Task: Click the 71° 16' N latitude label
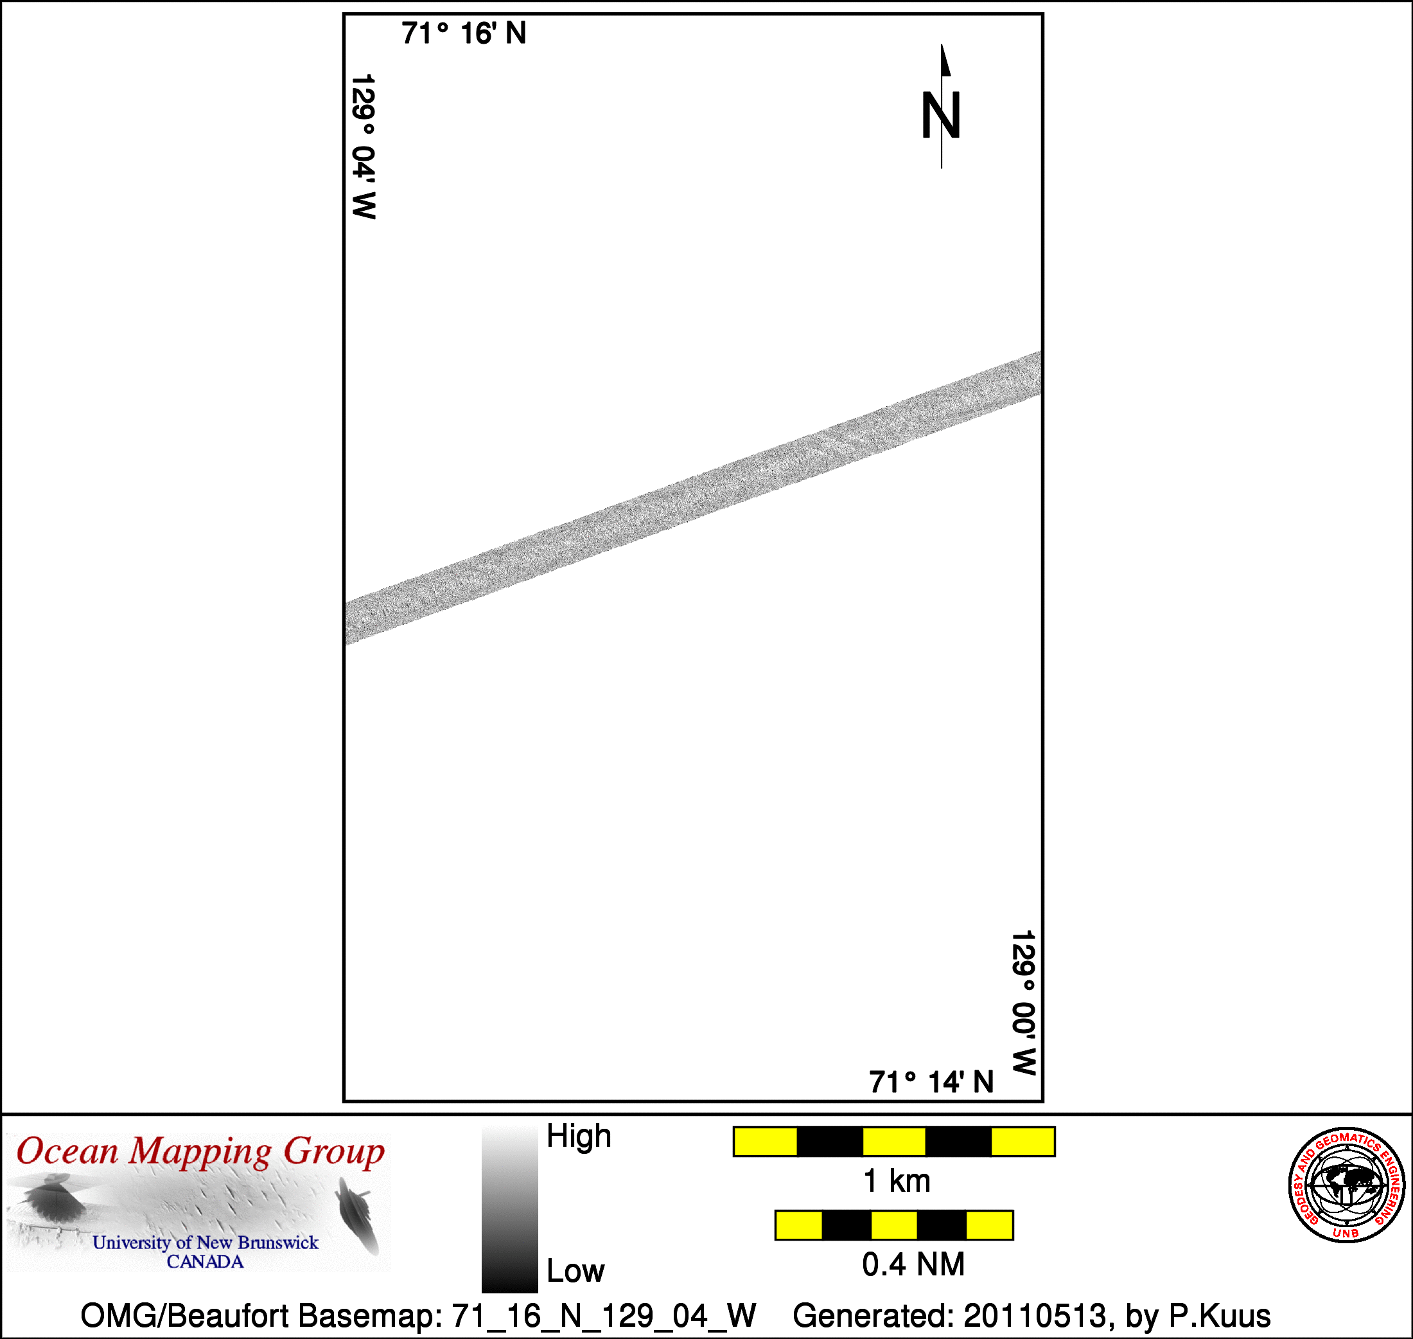pyautogui.click(x=464, y=33)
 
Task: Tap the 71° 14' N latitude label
pyautogui.click(x=931, y=1082)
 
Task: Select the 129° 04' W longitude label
pyautogui.click(x=364, y=147)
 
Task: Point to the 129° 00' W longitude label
pyautogui.click(x=1024, y=1003)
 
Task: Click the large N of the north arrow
pyautogui.click(x=941, y=115)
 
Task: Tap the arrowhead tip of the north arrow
pyautogui.click(x=942, y=44)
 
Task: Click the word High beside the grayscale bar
pyautogui.click(x=579, y=1136)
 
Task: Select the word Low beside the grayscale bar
pyautogui.click(x=575, y=1270)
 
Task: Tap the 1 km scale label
pyautogui.click(x=897, y=1182)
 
